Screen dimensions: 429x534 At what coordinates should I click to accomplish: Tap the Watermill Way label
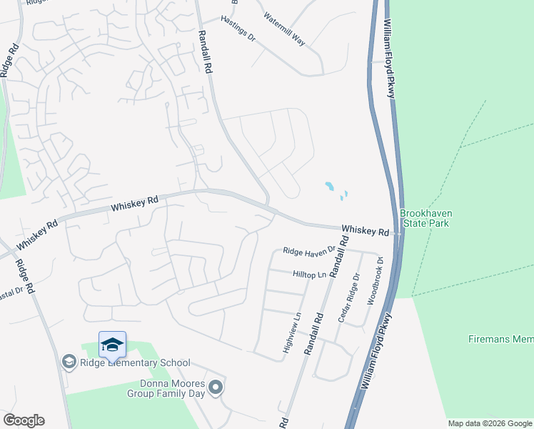click(284, 29)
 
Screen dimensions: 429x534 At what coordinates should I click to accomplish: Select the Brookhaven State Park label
click(426, 219)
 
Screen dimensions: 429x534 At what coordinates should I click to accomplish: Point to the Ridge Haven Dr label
click(308, 251)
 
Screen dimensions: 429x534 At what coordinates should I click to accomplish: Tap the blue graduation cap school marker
click(112, 345)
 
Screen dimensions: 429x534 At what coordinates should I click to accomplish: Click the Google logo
click(24, 420)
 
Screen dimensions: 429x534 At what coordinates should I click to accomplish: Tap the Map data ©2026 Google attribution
click(490, 423)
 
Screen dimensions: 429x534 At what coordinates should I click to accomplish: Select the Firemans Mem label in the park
click(500, 338)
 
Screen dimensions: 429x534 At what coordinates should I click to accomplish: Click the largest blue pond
click(330, 187)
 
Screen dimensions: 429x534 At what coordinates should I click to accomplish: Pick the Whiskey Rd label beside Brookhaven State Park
click(365, 231)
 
